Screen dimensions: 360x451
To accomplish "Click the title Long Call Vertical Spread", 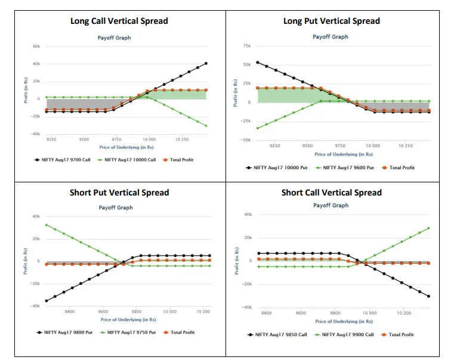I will (x=119, y=21).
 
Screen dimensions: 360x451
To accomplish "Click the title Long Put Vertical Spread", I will (x=331, y=21).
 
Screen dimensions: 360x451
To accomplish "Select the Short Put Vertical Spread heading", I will (x=119, y=193).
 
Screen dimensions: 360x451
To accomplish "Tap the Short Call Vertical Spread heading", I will (x=332, y=193).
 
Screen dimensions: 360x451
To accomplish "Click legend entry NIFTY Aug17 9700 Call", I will (x=65, y=160).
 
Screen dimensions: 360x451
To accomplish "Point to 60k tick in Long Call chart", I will (x=36, y=46).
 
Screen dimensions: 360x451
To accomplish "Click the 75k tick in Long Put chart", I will (x=246, y=45).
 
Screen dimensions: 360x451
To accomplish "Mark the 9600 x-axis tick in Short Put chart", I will (x=103, y=311).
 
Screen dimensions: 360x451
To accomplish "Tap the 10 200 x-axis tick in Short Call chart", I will (x=404, y=312).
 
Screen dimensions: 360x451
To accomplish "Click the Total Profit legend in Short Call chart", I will (x=401, y=334).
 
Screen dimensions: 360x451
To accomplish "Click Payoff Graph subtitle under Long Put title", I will (x=330, y=37).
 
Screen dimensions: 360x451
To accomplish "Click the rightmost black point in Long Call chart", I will (x=206, y=63).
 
